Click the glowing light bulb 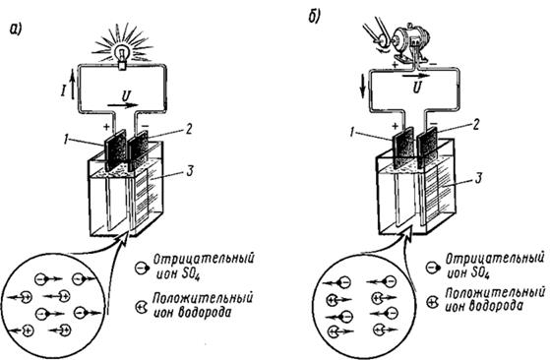click(x=122, y=57)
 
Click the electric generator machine click(x=410, y=42)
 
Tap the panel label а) click(x=16, y=30)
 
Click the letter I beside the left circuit click(x=63, y=90)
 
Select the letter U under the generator click(x=416, y=88)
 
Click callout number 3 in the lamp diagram click(x=190, y=171)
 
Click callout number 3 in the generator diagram click(x=478, y=178)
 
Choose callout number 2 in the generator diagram click(x=475, y=125)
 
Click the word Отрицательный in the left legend click(x=204, y=260)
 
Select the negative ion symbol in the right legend click(x=434, y=269)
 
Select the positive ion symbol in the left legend click(x=142, y=306)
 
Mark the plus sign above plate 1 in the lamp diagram click(x=107, y=126)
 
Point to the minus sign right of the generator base click(x=434, y=64)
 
